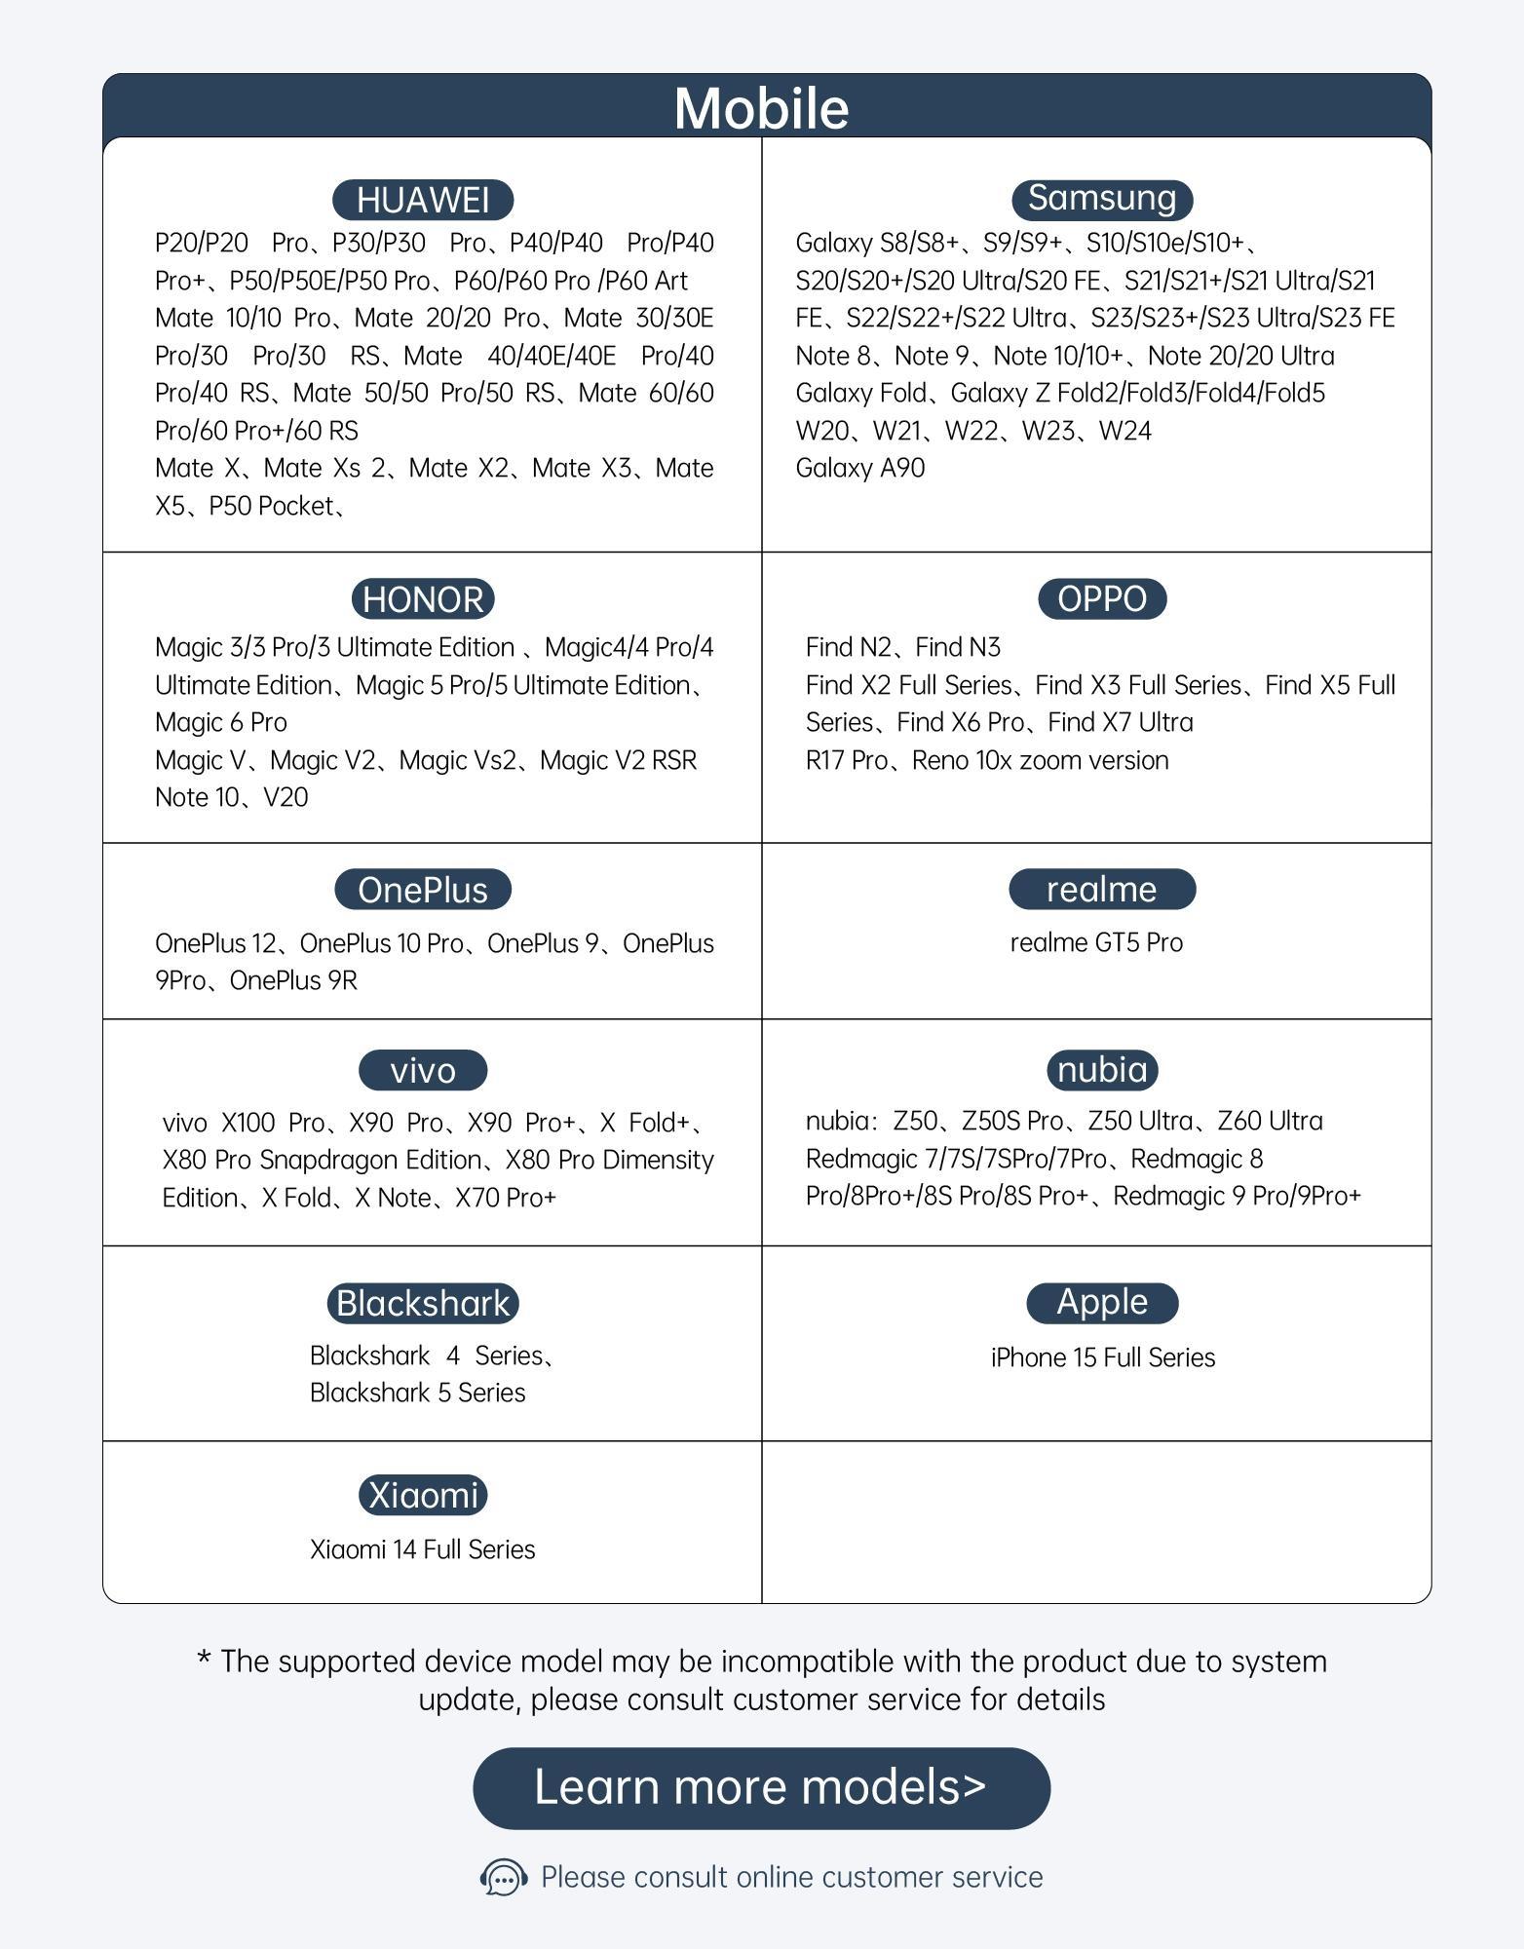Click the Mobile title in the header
tap(761, 108)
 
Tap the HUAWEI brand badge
tap(423, 200)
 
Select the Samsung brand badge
tap(1102, 199)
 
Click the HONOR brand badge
tap(423, 599)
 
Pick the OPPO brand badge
tap(1102, 599)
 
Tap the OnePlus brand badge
tap(423, 890)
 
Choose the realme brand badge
tap(1102, 890)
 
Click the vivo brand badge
tap(423, 1070)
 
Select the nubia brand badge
tap(1102, 1070)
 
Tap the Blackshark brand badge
tap(423, 1303)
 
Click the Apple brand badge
tap(1102, 1303)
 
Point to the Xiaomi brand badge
tap(423, 1495)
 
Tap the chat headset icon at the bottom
tap(504, 1877)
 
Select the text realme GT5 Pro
tap(1096, 942)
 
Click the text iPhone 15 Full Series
tap(1102, 1357)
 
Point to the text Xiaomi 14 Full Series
tap(423, 1549)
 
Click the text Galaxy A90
tap(859, 468)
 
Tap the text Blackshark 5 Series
tap(417, 1393)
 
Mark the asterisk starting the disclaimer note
tap(205, 1659)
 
